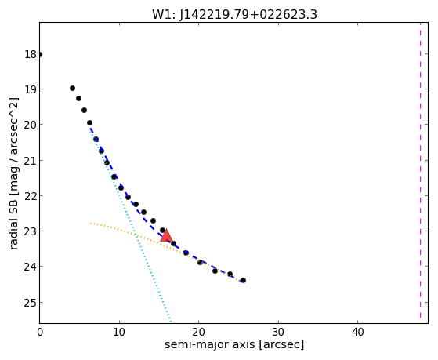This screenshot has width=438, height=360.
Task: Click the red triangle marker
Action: pos(166,236)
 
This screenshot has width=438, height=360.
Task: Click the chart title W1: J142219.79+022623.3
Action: pos(234,14)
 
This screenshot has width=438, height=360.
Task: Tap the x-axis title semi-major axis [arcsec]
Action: pos(234,344)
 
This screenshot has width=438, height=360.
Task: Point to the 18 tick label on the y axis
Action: pos(31,54)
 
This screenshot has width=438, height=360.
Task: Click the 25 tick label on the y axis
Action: pos(31,303)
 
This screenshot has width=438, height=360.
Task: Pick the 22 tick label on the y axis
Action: pos(31,196)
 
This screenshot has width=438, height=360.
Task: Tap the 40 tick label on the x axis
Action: pos(357,332)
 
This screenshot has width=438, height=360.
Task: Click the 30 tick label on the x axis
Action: pos(278,332)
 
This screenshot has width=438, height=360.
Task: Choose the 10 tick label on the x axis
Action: pos(119,332)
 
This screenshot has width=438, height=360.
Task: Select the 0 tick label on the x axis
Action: pos(40,332)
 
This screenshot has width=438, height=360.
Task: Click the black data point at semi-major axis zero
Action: pos(40,54)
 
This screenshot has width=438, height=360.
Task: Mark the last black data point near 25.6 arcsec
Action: pos(243,280)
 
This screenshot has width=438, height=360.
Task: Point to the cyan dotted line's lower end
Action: pos(170,322)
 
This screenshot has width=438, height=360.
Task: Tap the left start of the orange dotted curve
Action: pos(91,224)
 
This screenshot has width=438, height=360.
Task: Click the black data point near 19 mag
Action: pos(72,89)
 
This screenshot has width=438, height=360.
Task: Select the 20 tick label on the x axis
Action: pos(198,332)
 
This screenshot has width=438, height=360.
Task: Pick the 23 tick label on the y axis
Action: pos(31,231)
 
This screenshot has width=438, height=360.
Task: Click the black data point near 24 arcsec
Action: pos(230,275)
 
